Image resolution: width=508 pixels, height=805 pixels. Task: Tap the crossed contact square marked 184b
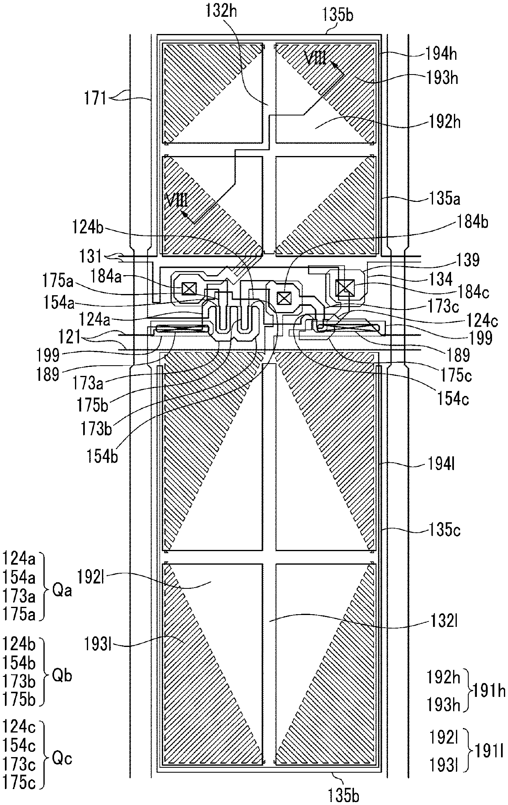[x=283, y=298]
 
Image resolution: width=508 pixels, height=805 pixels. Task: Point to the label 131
[x=91, y=257]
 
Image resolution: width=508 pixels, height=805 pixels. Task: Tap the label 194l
[x=440, y=465]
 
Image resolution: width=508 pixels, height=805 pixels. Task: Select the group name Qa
[x=62, y=591]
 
